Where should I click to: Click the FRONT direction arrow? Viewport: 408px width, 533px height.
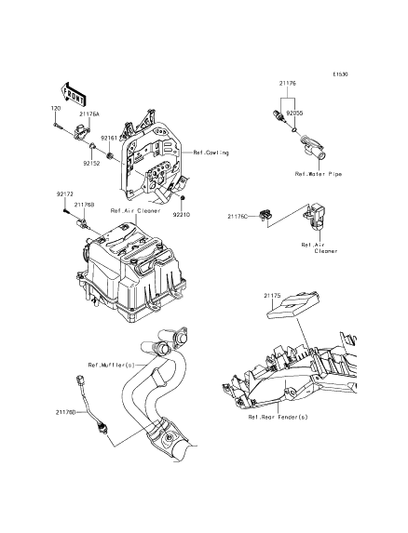coord(73,94)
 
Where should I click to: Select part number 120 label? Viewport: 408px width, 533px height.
coord(56,108)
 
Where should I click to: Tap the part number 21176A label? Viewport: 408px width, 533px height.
coord(89,114)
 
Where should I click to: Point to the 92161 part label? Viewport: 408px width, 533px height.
coord(109,139)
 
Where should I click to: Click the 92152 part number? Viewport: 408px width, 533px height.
coord(91,163)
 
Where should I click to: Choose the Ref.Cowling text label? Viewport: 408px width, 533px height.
coord(211,153)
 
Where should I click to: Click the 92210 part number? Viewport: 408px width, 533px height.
coord(181,215)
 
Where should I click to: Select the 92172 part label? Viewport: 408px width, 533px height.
coord(64,194)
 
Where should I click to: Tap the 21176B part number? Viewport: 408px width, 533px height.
coord(85,205)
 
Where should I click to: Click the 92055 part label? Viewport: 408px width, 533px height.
coord(294,113)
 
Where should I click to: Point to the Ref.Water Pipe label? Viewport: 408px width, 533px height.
coord(319,174)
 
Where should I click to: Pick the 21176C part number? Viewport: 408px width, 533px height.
coord(238,216)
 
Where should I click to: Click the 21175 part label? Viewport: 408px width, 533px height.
coord(272,296)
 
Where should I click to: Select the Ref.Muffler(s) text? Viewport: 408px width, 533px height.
coord(112,365)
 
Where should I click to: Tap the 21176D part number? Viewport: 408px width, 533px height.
coord(66,412)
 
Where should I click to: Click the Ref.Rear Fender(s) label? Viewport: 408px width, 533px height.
coord(278,417)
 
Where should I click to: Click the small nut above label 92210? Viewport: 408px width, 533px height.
coord(183,197)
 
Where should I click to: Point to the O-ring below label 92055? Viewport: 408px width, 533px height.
coord(295,129)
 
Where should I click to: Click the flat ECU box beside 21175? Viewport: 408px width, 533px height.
coord(293,305)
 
